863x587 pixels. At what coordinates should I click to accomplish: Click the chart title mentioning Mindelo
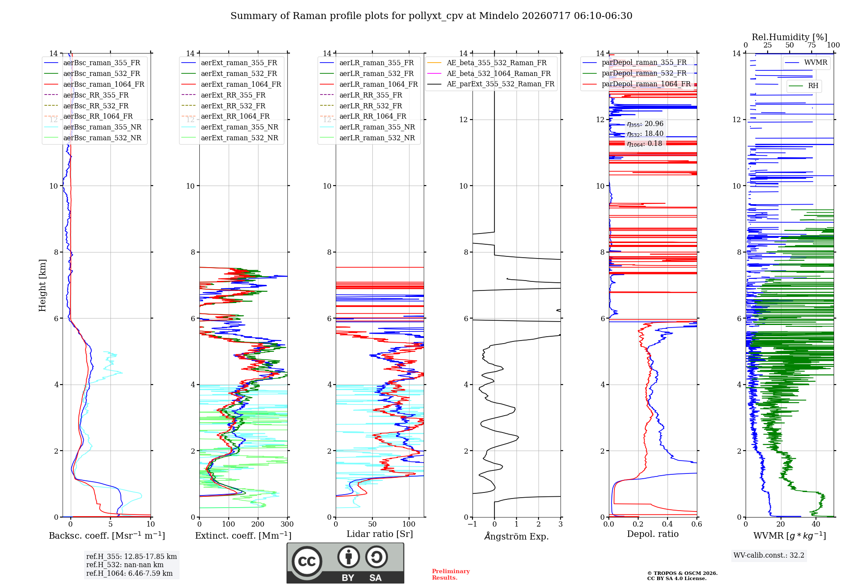(x=431, y=16)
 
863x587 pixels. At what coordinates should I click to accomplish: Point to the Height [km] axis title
(x=42, y=285)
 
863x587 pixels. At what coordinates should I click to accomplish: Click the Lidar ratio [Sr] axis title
(x=380, y=534)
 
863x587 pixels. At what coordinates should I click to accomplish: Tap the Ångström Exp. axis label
(x=517, y=536)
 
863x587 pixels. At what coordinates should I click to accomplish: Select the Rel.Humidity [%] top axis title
(x=790, y=37)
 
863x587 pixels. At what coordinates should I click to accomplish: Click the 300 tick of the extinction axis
(x=287, y=524)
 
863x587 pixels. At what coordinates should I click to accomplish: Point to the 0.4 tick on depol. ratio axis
(x=668, y=524)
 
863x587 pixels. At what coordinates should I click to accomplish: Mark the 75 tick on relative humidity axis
(x=812, y=45)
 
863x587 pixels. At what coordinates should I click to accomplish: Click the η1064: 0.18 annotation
(x=645, y=144)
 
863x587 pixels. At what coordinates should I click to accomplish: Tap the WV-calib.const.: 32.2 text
(x=769, y=555)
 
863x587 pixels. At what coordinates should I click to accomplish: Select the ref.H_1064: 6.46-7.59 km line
(x=129, y=573)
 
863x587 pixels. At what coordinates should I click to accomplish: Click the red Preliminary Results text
(x=451, y=574)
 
